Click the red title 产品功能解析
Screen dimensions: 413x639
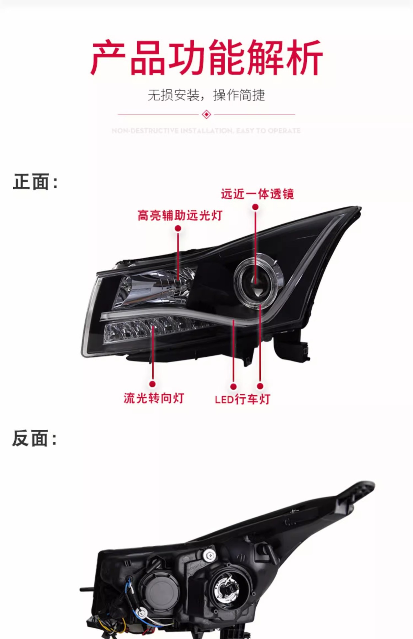(x=206, y=58)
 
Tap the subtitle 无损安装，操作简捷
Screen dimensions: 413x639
(x=206, y=95)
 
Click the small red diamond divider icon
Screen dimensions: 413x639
(x=206, y=114)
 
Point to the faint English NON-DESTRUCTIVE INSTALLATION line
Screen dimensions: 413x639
(x=206, y=130)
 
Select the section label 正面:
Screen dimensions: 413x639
(x=35, y=182)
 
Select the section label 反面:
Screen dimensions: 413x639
(x=35, y=438)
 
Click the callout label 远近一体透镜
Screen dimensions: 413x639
(x=257, y=194)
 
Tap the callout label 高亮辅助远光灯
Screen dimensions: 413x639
(x=180, y=215)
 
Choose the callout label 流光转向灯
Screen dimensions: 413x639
(x=154, y=398)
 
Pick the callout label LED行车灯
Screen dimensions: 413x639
(x=242, y=399)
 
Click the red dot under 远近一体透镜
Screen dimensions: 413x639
(x=255, y=207)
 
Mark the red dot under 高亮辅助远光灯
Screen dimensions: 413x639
(x=178, y=228)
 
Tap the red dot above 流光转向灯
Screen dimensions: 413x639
(x=153, y=384)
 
